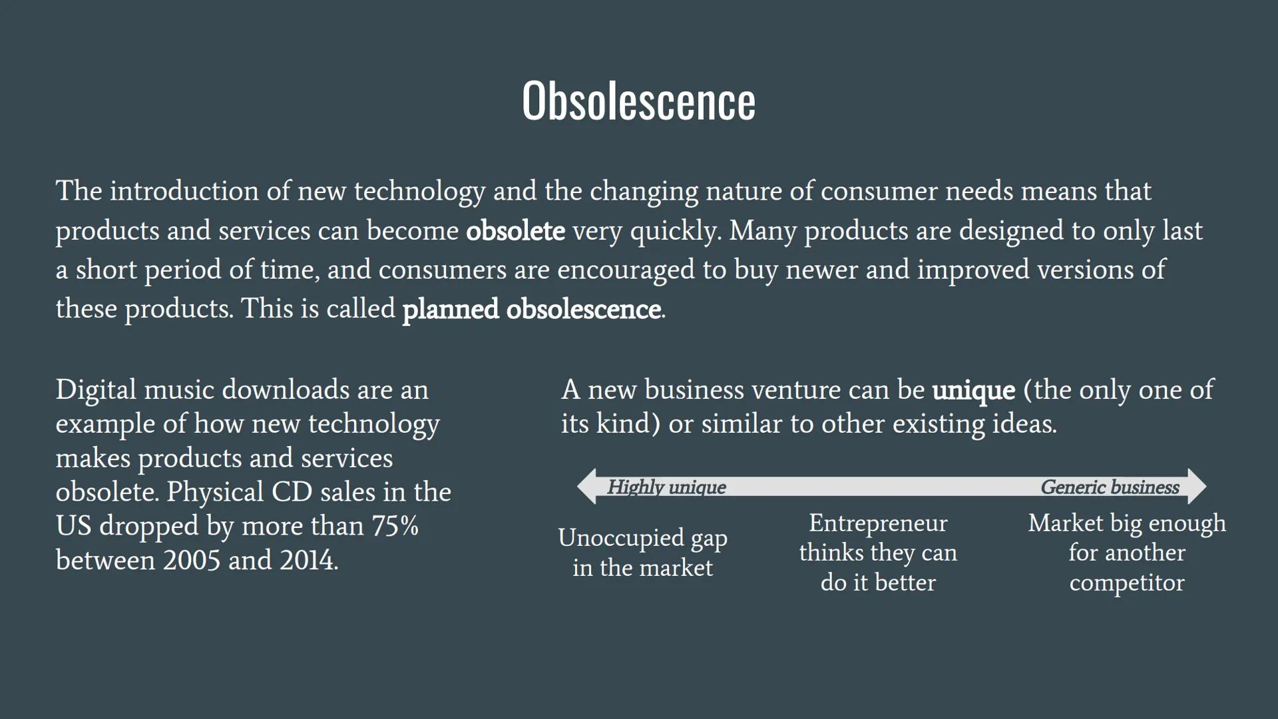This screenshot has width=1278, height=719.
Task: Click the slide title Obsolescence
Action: click(x=638, y=101)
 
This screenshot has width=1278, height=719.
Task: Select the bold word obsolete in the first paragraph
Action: click(x=515, y=231)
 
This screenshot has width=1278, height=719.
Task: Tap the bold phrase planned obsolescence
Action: click(x=532, y=310)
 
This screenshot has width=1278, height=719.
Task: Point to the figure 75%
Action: click(x=395, y=526)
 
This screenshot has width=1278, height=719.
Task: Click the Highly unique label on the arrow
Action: click(x=666, y=487)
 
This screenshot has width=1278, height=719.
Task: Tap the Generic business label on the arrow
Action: click(x=1110, y=487)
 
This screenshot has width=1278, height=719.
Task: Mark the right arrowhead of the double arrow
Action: click(x=1197, y=486)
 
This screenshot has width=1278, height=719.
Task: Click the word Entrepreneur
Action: click(x=878, y=524)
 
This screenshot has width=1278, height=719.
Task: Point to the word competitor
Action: click(x=1127, y=583)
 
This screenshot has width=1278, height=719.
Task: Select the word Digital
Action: click(x=96, y=391)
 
